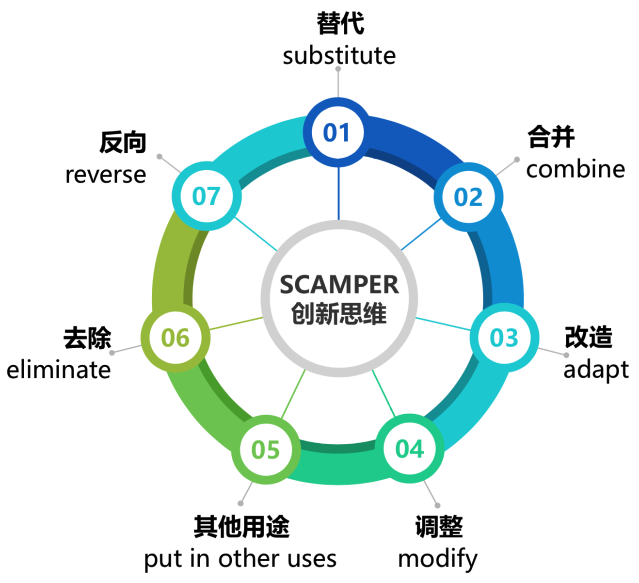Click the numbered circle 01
(x=337, y=132)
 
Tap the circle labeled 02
(x=468, y=197)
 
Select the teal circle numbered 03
(x=504, y=338)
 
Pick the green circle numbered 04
(x=410, y=449)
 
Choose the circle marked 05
(x=266, y=450)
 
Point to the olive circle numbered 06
(x=176, y=338)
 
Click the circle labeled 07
(x=207, y=196)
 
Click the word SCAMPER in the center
(x=339, y=285)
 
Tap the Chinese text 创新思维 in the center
(x=339, y=314)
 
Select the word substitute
(x=339, y=55)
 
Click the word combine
(x=575, y=169)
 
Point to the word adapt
(x=596, y=370)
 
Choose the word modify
(x=437, y=559)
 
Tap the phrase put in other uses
(x=240, y=559)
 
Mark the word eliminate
(x=59, y=370)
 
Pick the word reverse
(x=106, y=175)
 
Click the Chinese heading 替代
(x=340, y=23)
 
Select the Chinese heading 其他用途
(x=241, y=527)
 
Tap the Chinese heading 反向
(x=123, y=143)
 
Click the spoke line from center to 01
(x=338, y=194)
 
